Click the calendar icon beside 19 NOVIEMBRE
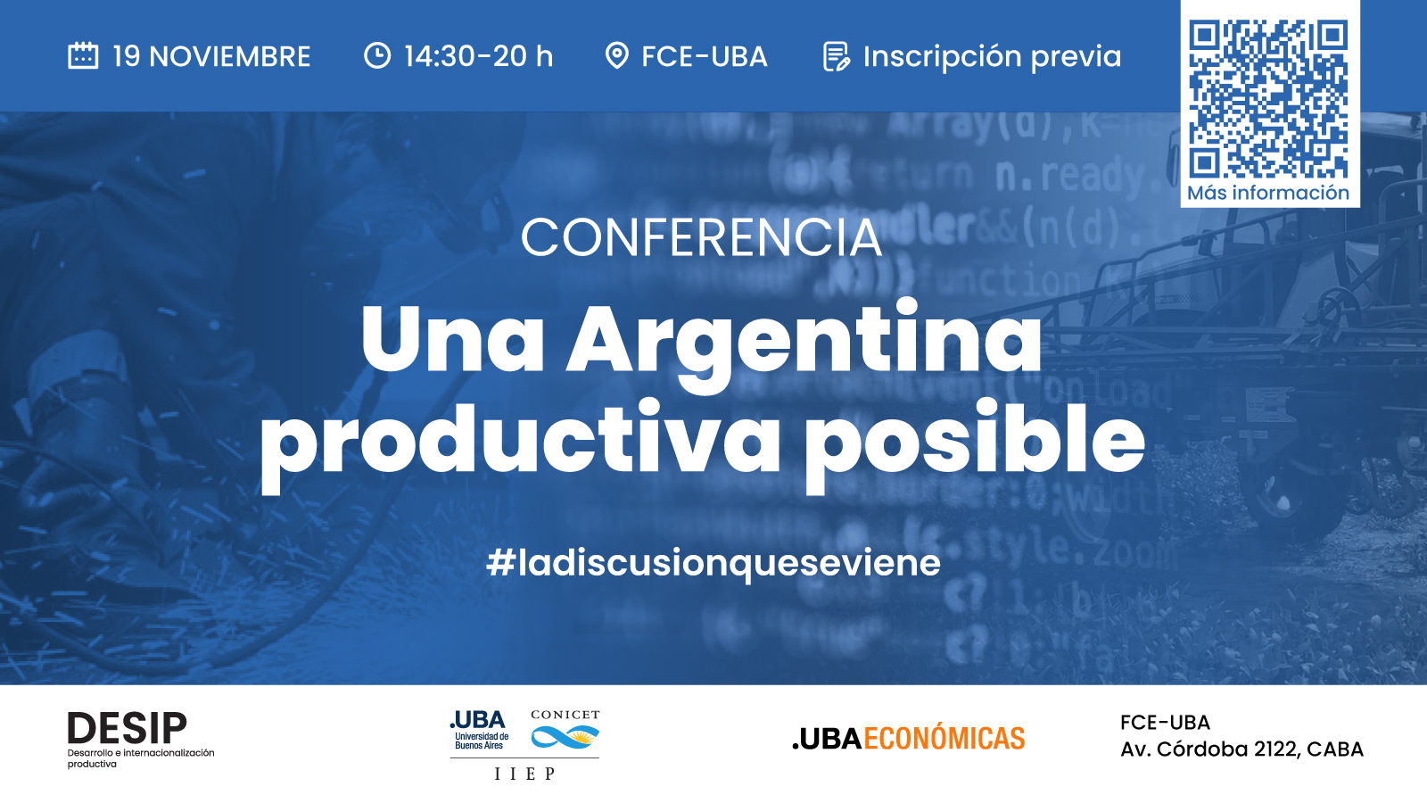tap(83, 55)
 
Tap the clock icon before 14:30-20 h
tap(377, 55)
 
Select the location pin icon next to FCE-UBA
tap(616, 55)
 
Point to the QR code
tap(1268, 99)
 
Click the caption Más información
tap(1268, 193)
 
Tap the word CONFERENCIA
tap(701, 237)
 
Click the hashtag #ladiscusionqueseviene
tap(713, 563)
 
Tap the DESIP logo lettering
tap(128, 728)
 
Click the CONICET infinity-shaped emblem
tap(565, 737)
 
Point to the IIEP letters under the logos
tap(525, 774)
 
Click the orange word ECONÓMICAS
tap(944, 739)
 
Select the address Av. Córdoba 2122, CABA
tap(1241, 749)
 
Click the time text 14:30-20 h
tap(478, 56)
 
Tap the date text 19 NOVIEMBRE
tap(211, 56)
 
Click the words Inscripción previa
tap(992, 57)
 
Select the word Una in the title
tap(452, 339)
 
